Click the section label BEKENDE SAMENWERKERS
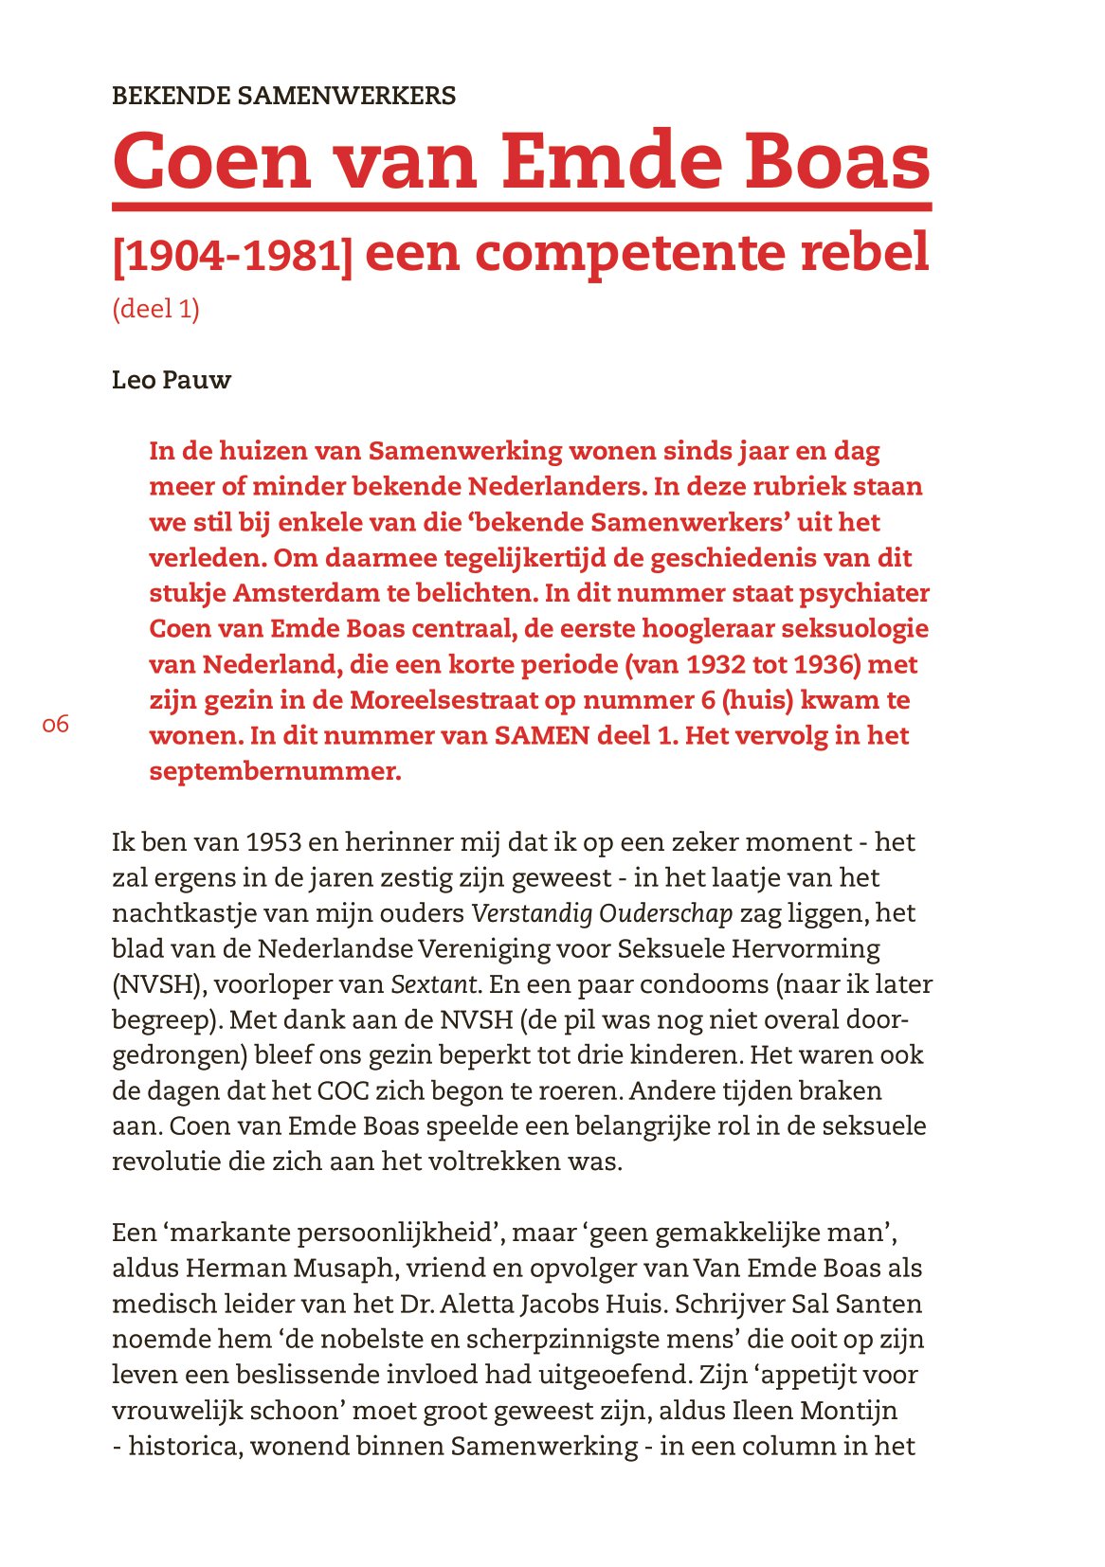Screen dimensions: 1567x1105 pyautogui.click(x=283, y=96)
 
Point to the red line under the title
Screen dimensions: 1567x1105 pyautogui.click(x=521, y=206)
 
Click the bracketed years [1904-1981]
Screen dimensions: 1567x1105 pyautogui.click(x=232, y=255)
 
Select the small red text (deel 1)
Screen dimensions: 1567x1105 pyautogui.click(x=155, y=309)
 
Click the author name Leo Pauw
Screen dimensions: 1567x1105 pyautogui.click(x=172, y=381)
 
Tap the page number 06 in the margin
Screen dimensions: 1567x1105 pyautogui.click(x=56, y=725)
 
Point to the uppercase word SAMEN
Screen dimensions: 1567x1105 pyautogui.click(x=541, y=736)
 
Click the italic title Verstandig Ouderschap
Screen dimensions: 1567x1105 pyautogui.click(x=602, y=913)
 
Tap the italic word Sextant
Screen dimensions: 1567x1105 pyautogui.click(x=433, y=984)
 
